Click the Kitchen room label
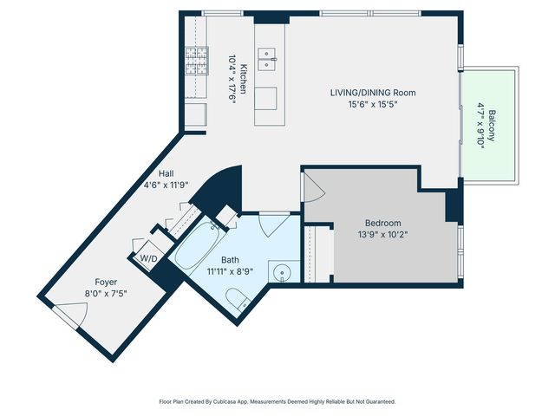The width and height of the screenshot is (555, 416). tap(244, 79)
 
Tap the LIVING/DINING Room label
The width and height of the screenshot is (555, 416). tap(373, 93)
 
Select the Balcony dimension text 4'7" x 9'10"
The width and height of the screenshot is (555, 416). tap(480, 127)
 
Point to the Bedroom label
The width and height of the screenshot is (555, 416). tap(383, 224)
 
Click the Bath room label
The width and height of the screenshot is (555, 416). tap(230, 260)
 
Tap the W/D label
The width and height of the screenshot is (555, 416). tap(148, 258)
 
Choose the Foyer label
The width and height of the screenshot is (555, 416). tap(106, 283)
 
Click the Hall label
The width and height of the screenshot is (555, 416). tap(166, 173)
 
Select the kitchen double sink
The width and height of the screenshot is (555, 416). tap(267, 59)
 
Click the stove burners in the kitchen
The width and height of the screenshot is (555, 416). tap(197, 61)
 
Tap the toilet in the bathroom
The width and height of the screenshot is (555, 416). tap(238, 299)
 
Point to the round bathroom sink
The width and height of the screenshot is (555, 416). tap(282, 273)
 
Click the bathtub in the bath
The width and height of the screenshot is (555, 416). tap(197, 247)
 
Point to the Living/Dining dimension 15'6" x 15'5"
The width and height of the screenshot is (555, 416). tap(373, 104)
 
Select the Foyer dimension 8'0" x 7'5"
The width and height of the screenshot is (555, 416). tap(106, 294)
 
